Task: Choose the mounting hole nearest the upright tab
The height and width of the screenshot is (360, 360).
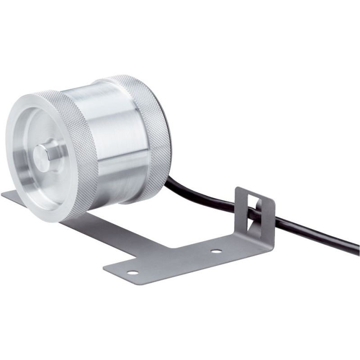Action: click(216, 251)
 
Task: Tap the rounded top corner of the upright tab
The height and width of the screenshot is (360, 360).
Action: click(239, 190)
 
